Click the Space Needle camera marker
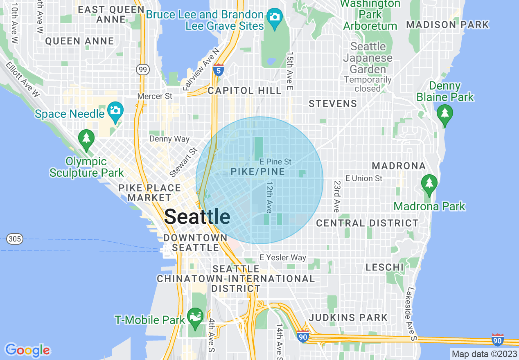tap(116, 111)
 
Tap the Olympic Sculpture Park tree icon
tap(86, 139)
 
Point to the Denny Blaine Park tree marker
tap(445, 114)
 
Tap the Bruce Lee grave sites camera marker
tap(274, 17)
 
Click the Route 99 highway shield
tap(143, 70)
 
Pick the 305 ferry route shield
tap(15, 239)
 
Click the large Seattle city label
tap(197, 216)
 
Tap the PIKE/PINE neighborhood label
tap(258, 172)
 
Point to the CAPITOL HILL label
tap(245, 90)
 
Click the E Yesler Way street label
tap(283, 257)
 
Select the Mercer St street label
tap(155, 97)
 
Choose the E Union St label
tap(364, 178)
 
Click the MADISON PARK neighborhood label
tap(447, 25)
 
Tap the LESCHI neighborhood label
tap(385, 268)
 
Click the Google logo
tap(27, 350)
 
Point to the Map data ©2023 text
tap(484, 354)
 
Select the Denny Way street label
tap(169, 139)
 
